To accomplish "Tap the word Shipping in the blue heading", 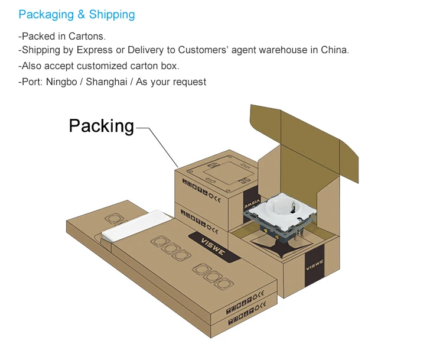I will point(112,15).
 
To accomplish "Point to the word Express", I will point(95,50).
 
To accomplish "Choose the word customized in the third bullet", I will point(109,66).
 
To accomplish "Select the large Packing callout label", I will point(102,125).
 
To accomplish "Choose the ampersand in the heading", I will point(81,15).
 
